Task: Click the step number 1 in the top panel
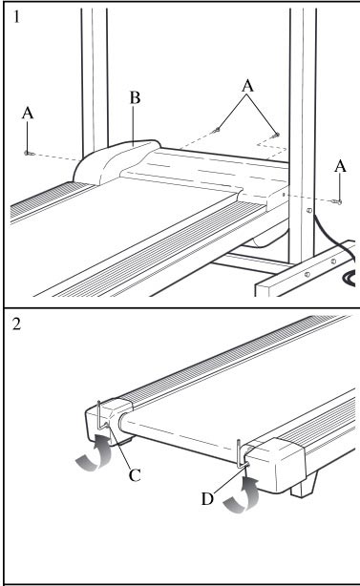coord(16,16)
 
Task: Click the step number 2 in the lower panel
coord(16,324)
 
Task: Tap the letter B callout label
coord(135,97)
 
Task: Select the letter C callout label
coord(135,475)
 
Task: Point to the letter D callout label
coord(207,498)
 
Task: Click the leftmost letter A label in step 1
coord(28,113)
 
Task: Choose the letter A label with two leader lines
coord(247,86)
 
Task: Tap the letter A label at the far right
coord(340,166)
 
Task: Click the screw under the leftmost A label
coord(29,153)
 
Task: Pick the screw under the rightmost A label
coord(337,202)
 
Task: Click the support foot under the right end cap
coord(303,484)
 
